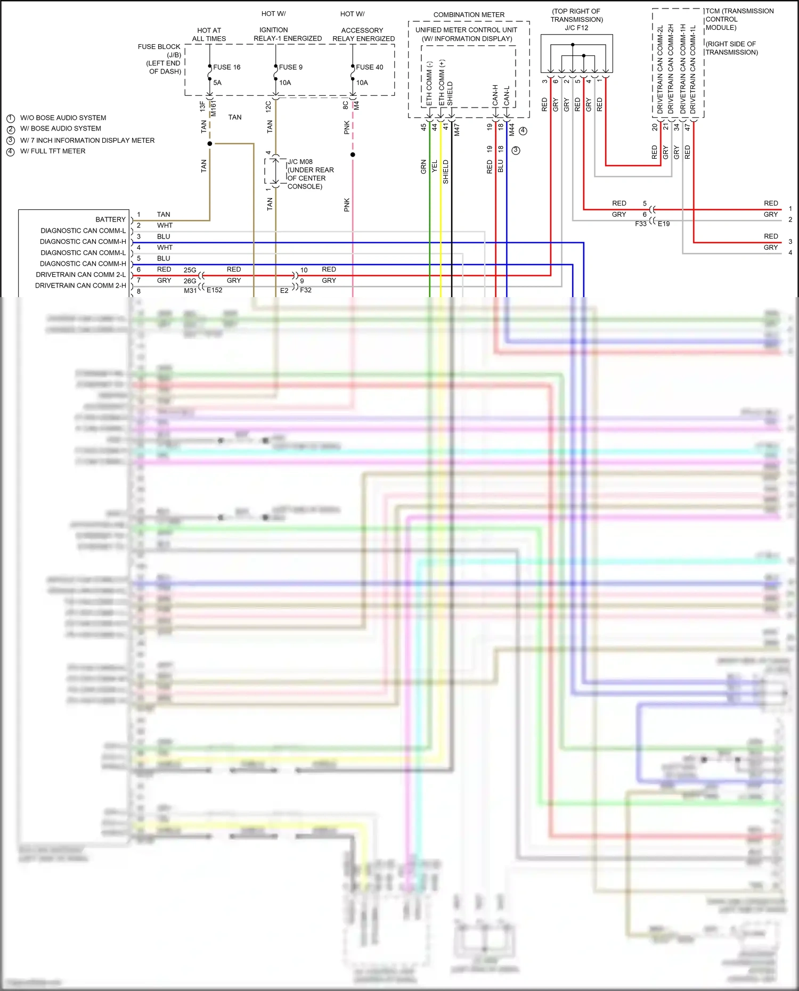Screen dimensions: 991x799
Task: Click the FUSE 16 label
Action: [x=226, y=67]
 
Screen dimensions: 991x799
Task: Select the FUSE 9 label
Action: [x=290, y=67]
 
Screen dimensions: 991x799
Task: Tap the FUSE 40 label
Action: [x=369, y=67]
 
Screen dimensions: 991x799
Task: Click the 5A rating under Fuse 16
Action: [x=217, y=83]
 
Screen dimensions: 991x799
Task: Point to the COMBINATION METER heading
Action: [x=469, y=15]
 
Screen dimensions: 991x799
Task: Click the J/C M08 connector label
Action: [x=300, y=162]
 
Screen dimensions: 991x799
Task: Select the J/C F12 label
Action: [x=576, y=28]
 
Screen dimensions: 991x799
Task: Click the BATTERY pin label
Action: [x=110, y=219]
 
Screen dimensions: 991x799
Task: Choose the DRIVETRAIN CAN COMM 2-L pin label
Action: [x=81, y=275]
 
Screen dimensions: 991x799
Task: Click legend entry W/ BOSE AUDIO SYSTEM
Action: [x=60, y=128]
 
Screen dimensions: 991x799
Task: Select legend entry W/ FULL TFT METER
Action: [x=53, y=151]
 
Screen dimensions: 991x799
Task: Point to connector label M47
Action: [x=456, y=130]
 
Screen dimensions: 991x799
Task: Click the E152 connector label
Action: [x=214, y=290]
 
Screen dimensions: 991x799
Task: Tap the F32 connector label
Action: [x=306, y=290]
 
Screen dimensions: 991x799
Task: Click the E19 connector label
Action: [x=664, y=224]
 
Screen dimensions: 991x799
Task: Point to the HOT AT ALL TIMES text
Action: [x=209, y=35]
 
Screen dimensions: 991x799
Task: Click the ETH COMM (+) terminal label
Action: [x=442, y=83]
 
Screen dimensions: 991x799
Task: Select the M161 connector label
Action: [x=214, y=109]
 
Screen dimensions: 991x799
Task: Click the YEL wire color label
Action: [x=435, y=166]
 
